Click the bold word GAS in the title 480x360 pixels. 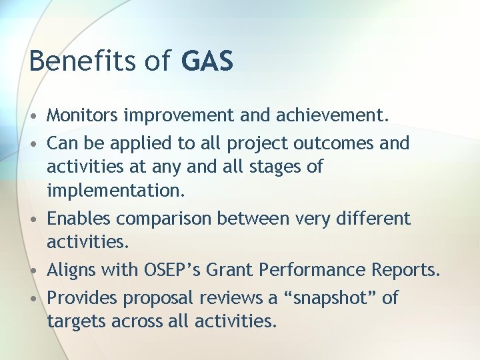[207, 61]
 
